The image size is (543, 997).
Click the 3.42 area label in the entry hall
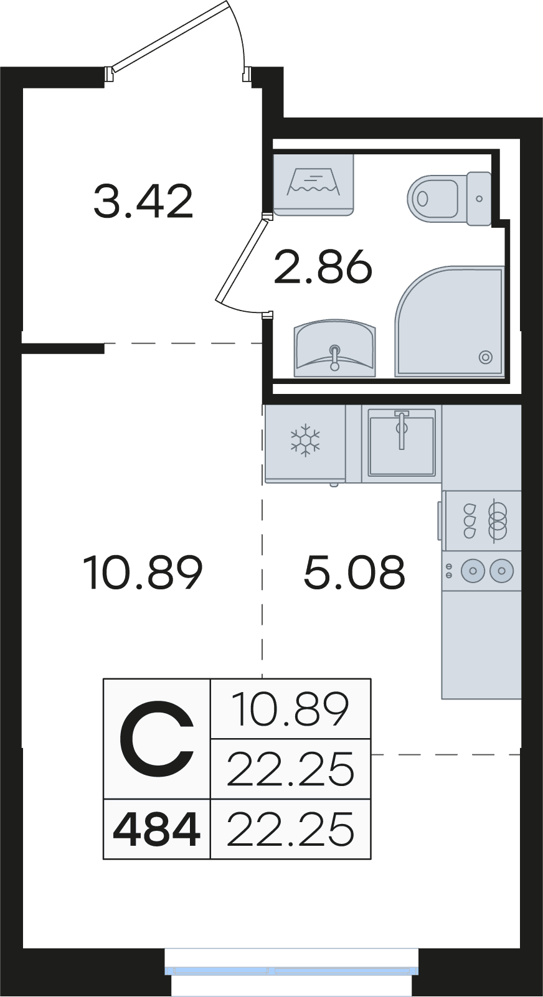(x=143, y=202)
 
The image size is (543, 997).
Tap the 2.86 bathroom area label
(x=323, y=266)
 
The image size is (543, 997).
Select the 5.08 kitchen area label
(x=354, y=573)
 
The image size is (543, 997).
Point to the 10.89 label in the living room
(x=143, y=573)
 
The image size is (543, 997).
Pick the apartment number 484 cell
(x=157, y=829)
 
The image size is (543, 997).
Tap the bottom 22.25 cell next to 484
(x=290, y=829)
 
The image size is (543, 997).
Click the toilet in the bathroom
(x=449, y=198)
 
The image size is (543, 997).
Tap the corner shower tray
(x=449, y=321)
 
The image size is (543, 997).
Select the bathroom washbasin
(x=334, y=348)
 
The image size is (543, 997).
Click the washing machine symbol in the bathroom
(x=313, y=185)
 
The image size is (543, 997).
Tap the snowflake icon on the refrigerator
(x=306, y=440)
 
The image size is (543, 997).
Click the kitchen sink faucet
(x=402, y=429)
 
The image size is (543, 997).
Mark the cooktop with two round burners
(x=482, y=571)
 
